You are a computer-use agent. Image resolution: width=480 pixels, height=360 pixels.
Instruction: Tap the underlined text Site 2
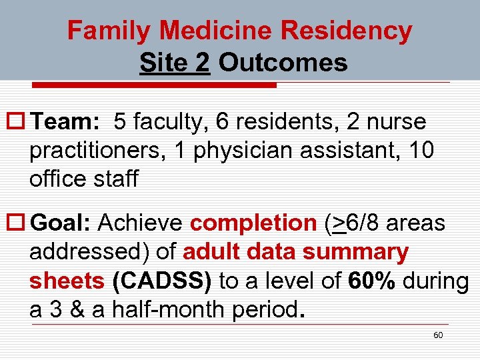(175, 63)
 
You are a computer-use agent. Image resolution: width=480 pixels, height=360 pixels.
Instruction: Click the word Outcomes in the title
(283, 63)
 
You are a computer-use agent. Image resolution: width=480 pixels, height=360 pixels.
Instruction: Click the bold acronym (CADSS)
(162, 281)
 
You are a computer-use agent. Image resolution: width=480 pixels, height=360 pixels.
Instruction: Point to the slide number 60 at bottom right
(438, 335)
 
